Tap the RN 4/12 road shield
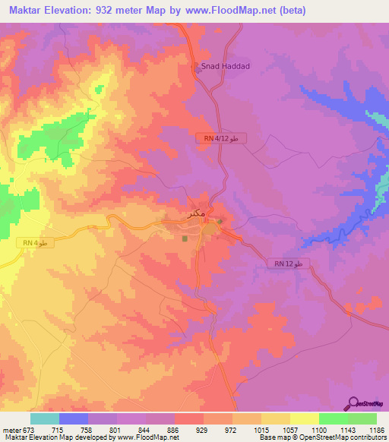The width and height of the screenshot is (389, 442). (x=221, y=138)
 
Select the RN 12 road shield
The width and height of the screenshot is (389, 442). (x=289, y=264)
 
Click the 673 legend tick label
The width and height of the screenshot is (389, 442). (x=27, y=429)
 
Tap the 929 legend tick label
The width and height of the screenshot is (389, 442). (x=203, y=429)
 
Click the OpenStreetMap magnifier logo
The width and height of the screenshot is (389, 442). (x=354, y=403)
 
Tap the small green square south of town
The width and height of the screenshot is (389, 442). (x=185, y=238)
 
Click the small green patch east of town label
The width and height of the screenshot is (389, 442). (x=220, y=222)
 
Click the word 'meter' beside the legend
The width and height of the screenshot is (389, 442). (x=10, y=429)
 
